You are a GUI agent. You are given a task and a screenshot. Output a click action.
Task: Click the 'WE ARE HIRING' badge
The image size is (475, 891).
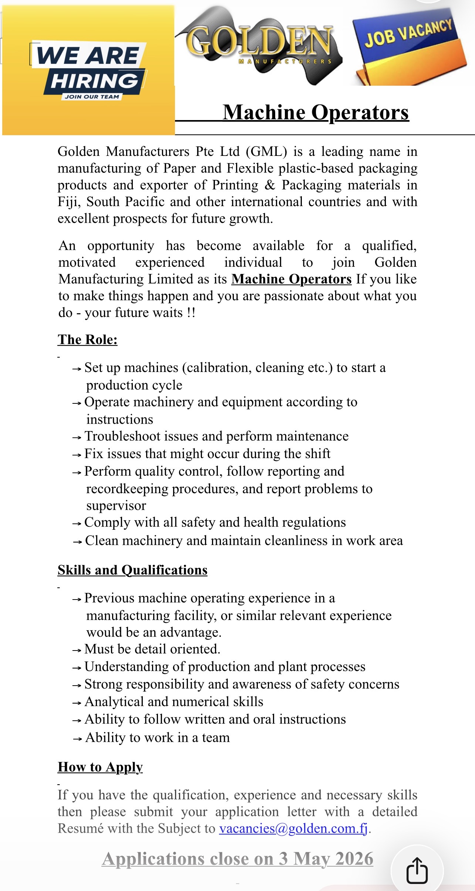[x=89, y=68]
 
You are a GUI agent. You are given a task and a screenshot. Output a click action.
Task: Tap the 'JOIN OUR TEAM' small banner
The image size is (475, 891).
[x=92, y=97]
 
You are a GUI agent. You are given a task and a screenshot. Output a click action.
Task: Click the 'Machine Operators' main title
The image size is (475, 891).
[x=316, y=112]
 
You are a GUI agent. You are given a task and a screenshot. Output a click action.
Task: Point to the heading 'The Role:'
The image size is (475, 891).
[x=88, y=339]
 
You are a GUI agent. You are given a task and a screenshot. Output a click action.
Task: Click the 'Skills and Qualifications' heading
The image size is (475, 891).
[x=132, y=570]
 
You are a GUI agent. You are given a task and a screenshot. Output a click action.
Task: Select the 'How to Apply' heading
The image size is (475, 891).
[x=100, y=767]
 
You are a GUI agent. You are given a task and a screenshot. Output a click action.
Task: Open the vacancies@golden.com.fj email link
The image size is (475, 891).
[x=293, y=829]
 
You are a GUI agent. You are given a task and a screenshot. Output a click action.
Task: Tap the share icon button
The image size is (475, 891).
[x=417, y=870]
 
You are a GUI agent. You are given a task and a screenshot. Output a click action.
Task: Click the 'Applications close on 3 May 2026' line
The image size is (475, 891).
[x=237, y=858]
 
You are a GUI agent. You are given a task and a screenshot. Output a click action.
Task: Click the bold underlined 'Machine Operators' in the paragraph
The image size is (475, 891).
[x=292, y=279]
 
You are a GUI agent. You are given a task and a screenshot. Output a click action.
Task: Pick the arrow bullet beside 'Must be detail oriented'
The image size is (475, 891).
[x=77, y=651]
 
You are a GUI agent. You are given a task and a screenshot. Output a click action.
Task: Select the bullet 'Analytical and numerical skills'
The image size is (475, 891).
[x=174, y=701]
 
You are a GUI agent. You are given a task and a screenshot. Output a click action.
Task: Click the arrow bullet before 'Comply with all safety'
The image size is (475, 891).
[x=77, y=523]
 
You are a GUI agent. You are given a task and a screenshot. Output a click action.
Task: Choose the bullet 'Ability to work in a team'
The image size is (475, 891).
[x=158, y=737]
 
